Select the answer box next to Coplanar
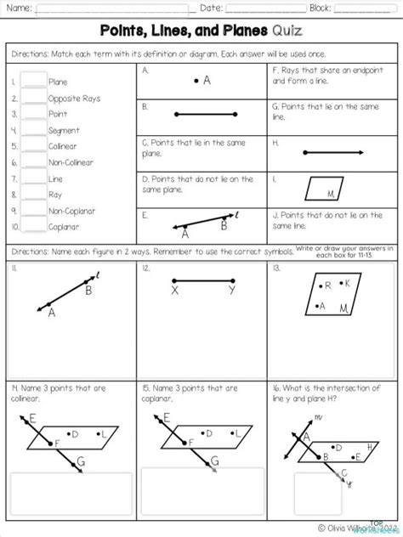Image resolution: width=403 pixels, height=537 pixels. pos(33,225)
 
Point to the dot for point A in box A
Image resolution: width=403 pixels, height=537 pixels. pos(196,81)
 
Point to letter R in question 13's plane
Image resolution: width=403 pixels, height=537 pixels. pos(326,286)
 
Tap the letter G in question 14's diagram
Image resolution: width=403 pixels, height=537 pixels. pos(80,461)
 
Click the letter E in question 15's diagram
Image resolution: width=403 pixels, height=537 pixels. pos(167,417)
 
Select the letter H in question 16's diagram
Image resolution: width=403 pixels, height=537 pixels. pos(370,446)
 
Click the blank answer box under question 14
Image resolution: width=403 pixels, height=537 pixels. pos(70,493)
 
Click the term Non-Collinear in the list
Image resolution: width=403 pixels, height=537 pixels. pos(71,162)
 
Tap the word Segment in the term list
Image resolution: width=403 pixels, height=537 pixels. pos(64,130)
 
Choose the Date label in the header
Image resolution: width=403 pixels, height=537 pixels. pos(211,8)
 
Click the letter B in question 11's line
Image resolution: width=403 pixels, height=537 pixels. pos(88,290)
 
